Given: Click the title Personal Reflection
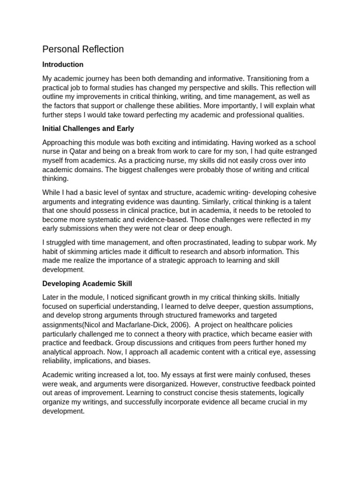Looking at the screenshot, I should pyautogui.click(x=83, y=49).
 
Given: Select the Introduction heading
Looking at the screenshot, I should pyautogui.click(x=63, y=64).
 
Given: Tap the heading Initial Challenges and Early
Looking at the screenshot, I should pyautogui.click(x=89, y=128).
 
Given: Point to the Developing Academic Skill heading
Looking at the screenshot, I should pyautogui.click(x=87, y=283).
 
